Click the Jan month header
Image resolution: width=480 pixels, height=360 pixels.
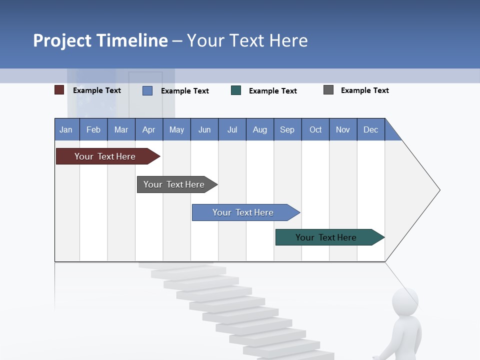(x=66, y=129)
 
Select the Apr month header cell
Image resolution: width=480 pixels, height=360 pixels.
(x=149, y=129)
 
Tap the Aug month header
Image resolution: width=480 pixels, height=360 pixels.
(x=260, y=129)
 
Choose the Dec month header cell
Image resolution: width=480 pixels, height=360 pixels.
(x=371, y=129)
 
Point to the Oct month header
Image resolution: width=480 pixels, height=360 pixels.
(x=315, y=129)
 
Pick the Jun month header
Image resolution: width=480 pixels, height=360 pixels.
(x=204, y=129)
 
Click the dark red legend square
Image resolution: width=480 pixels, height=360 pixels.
(x=59, y=90)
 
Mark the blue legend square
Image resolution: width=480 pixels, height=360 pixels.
(x=147, y=90)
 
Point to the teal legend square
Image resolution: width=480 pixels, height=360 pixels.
(x=236, y=90)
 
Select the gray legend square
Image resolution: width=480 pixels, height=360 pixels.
(x=328, y=90)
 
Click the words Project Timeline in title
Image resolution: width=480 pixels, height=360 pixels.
(x=100, y=40)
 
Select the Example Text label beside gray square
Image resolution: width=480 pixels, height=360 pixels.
(x=364, y=90)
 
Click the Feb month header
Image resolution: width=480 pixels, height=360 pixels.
(x=93, y=129)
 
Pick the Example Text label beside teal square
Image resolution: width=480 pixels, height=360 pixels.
(x=272, y=91)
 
